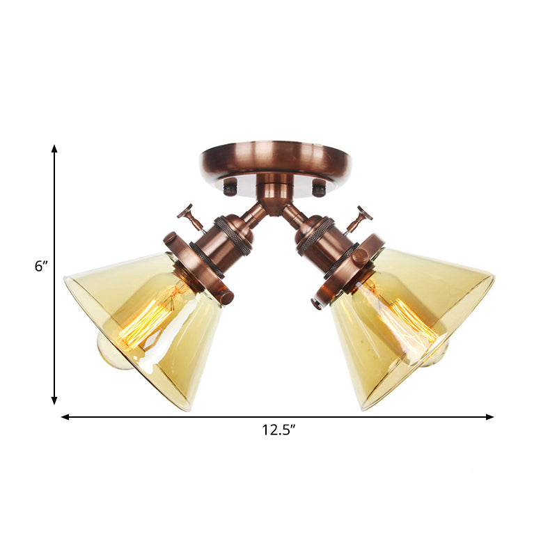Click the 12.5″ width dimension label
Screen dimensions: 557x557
click(279, 430)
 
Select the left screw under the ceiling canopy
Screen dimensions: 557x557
click(230, 186)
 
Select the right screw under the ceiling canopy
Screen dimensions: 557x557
click(319, 187)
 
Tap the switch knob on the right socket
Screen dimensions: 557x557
click(361, 213)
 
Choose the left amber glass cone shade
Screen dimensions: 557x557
click(146, 327)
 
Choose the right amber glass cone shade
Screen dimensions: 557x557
click(411, 327)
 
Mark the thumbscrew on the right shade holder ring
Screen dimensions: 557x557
click(359, 256)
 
